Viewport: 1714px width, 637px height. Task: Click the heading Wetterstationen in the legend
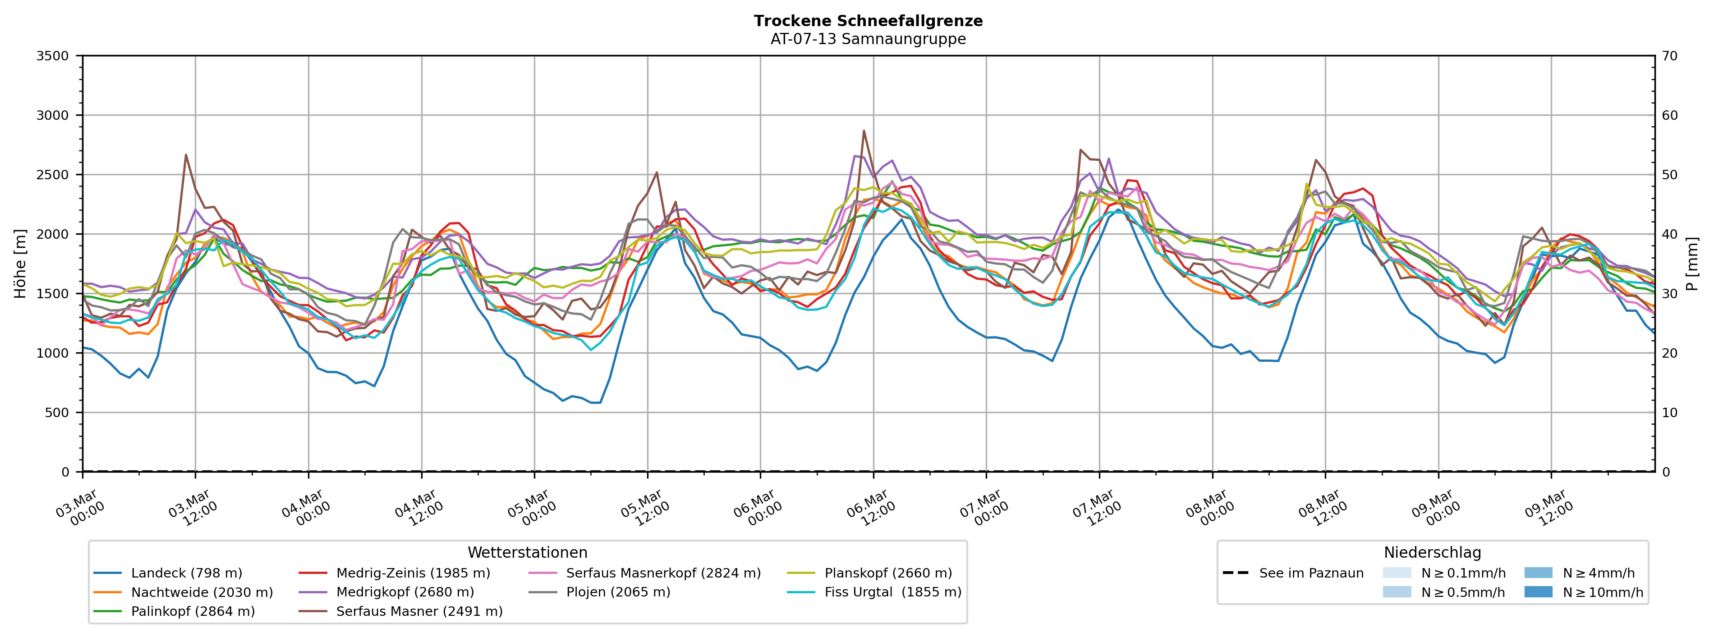point(528,553)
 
